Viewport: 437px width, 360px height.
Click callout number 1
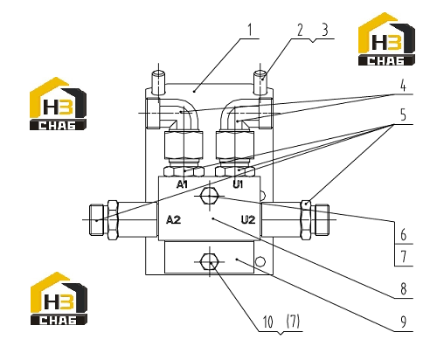249,30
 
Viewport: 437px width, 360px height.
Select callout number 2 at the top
300,30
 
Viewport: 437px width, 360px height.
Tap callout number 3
325,30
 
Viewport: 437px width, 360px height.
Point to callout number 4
403,86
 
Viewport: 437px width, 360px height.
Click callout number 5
403,115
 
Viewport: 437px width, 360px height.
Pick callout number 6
404,234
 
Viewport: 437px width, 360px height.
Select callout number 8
404,289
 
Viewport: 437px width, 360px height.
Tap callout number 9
404,322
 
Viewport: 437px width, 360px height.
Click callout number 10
267,322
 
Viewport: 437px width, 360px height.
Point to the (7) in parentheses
293,322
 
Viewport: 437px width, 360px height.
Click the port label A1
182,184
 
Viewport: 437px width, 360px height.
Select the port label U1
238,184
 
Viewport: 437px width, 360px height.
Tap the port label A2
173,219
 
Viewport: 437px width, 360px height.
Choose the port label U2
248,219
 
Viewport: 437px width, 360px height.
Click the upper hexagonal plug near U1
209,196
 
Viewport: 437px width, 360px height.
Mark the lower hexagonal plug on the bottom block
209,262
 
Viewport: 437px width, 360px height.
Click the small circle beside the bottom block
260,261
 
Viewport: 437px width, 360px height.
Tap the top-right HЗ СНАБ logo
386,39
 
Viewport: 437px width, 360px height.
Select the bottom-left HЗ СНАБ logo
59,299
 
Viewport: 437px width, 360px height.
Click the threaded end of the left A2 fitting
97,220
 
